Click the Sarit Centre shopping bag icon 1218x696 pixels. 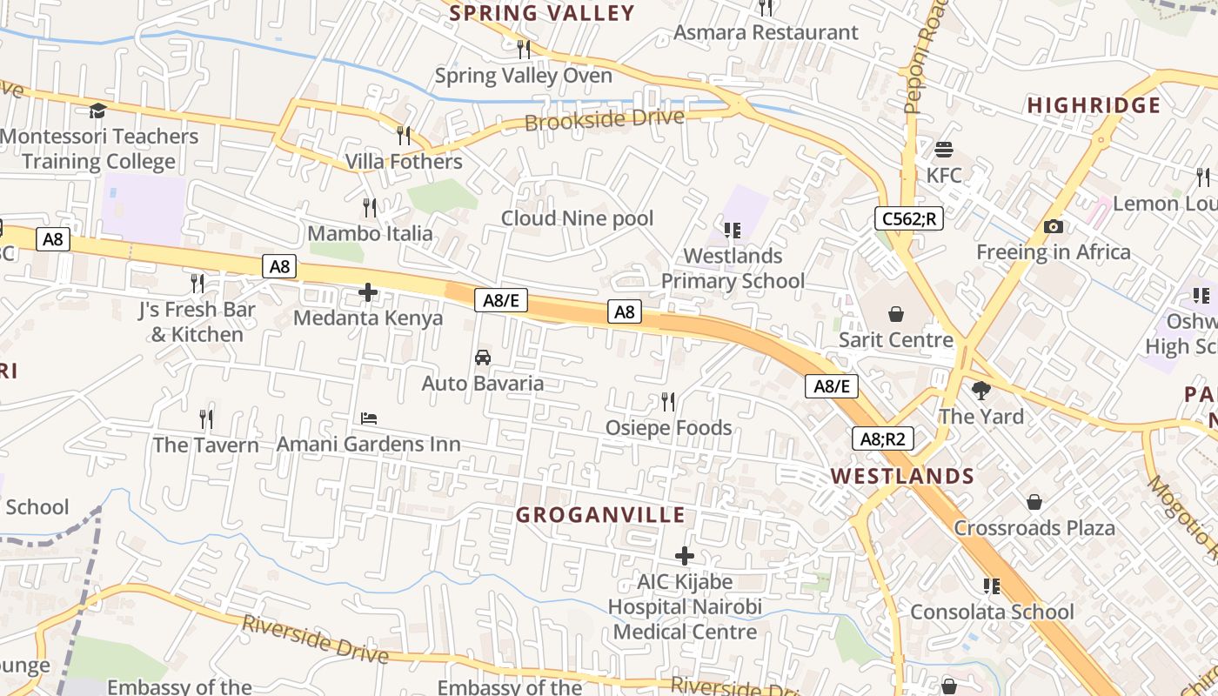click(x=895, y=314)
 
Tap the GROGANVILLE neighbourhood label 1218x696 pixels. click(x=601, y=515)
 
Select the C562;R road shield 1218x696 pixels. click(x=908, y=218)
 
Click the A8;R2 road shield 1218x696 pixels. click(x=882, y=439)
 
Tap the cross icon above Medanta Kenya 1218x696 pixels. click(x=368, y=292)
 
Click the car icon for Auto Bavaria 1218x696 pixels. click(x=482, y=358)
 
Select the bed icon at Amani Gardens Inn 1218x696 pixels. click(x=369, y=418)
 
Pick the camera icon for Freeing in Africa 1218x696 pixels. click(x=1053, y=227)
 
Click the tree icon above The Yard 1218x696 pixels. click(x=981, y=391)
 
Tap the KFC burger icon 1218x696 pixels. click(x=944, y=150)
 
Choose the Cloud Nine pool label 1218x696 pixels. click(x=577, y=218)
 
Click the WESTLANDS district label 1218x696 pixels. click(x=902, y=476)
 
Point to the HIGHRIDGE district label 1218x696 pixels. click(x=1094, y=106)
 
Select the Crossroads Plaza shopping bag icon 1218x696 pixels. click(x=1034, y=502)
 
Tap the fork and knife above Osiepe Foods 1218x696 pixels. click(x=667, y=402)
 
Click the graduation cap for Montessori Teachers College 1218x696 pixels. click(x=97, y=110)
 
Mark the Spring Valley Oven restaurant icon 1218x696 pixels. click(x=523, y=49)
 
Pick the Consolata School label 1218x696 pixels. click(x=992, y=612)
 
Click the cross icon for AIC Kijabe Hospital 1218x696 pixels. click(x=685, y=556)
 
